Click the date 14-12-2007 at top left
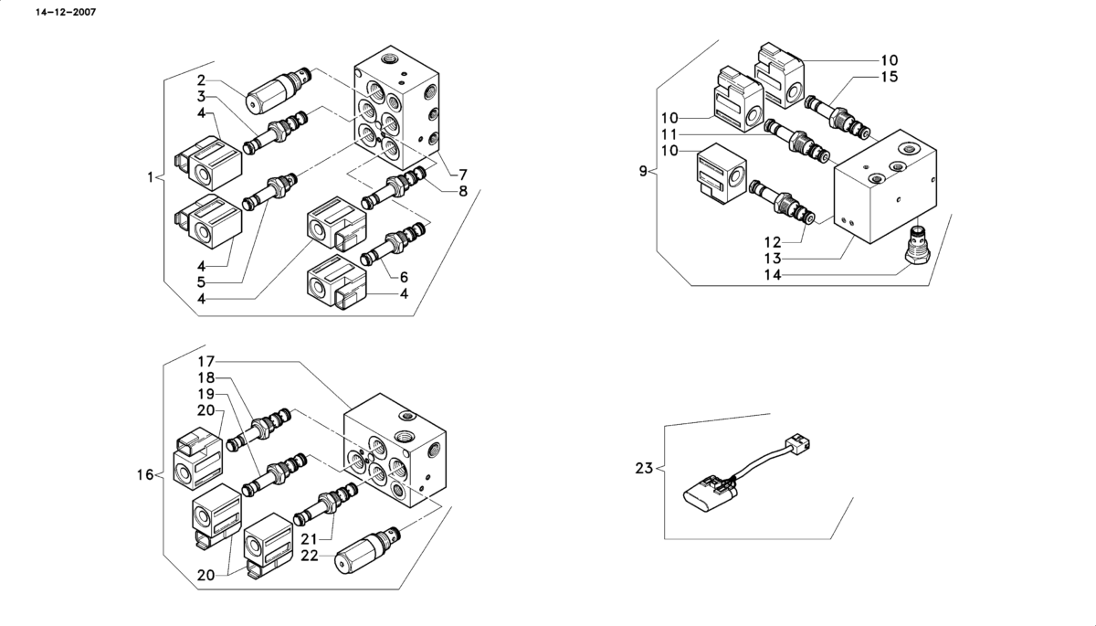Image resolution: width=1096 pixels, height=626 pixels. pyautogui.click(x=66, y=12)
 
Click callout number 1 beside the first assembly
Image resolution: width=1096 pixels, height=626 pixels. pyautogui.click(x=150, y=177)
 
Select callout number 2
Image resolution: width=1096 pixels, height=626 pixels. pyautogui.click(x=202, y=80)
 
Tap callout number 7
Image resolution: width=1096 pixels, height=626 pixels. pyautogui.click(x=463, y=175)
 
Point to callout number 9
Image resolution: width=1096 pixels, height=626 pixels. pyautogui.click(x=643, y=171)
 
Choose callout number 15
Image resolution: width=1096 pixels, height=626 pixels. pyautogui.click(x=890, y=77)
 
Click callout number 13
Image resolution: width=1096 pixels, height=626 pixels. pyautogui.click(x=773, y=259)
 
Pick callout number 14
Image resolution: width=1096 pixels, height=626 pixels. pyautogui.click(x=773, y=275)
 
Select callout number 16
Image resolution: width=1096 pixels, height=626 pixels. pyautogui.click(x=145, y=475)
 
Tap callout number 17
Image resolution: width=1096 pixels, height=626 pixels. pyautogui.click(x=206, y=362)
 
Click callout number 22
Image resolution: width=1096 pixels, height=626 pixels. pyautogui.click(x=310, y=556)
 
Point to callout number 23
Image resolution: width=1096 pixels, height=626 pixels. pyautogui.click(x=645, y=469)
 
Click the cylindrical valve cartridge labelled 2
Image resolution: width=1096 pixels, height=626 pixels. pyautogui.click(x=279, y=90)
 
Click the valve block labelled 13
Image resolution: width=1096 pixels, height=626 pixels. pyautogui.click(x=886, y=186)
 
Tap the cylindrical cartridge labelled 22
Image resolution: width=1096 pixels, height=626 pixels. pyautogui.click(x=367, y=551)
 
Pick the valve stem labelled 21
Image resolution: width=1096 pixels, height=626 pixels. pyautogui.click(x=326, y=504)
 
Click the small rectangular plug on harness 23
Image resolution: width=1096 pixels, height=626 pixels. pyautogui.click(x=797, y=443)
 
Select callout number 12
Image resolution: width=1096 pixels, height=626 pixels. pyautogui.click(x=773, y=242)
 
